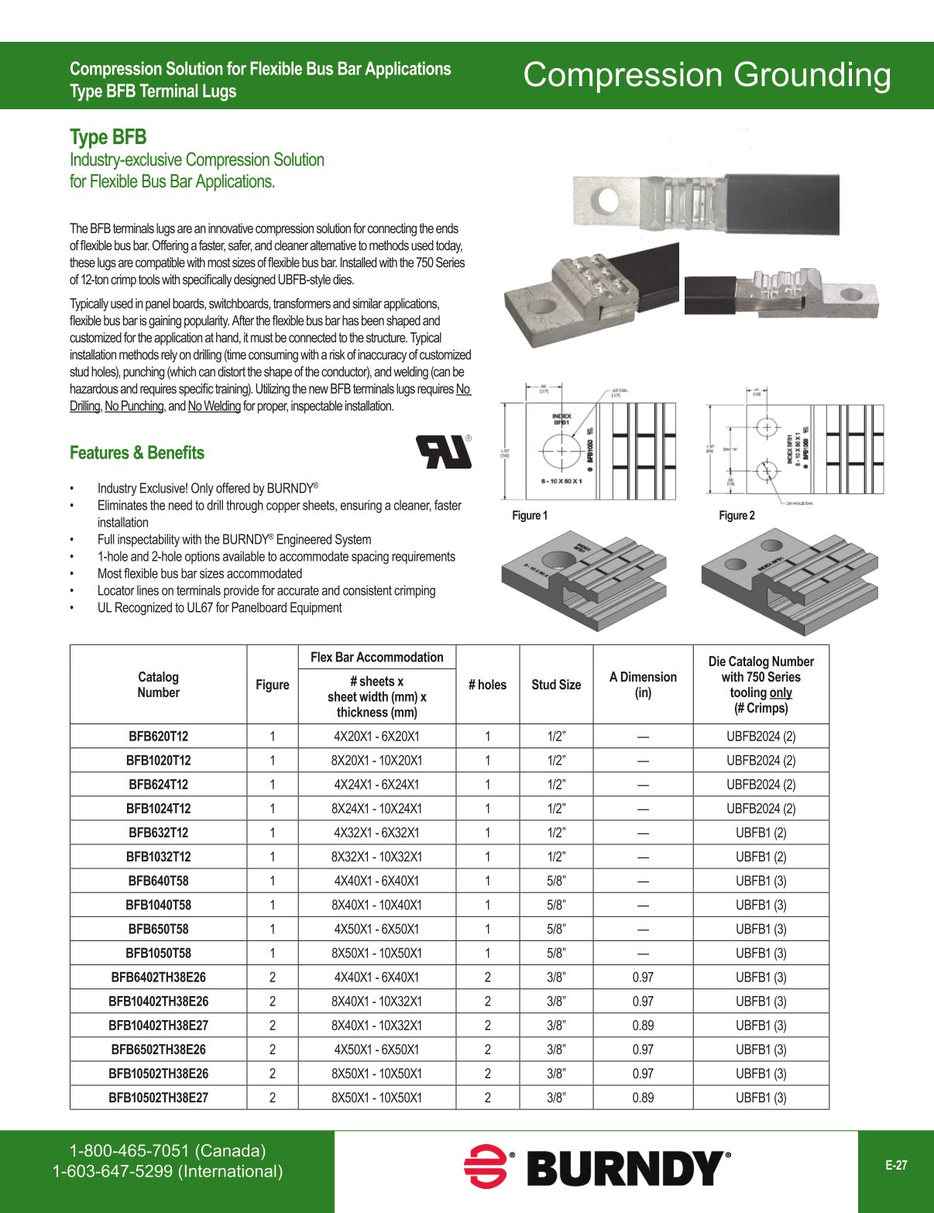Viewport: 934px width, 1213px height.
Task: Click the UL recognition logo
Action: tap(444, 452)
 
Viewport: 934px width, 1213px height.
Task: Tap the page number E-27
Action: tap(896, 1165)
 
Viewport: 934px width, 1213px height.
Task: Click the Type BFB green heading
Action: tap(108, 137)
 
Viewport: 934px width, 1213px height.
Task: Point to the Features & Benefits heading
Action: tap(137, 453)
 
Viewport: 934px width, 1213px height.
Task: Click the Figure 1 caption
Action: tap(530, 516)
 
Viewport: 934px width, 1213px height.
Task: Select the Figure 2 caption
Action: tap(737, 516)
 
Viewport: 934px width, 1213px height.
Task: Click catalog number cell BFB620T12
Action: tap(158, 737)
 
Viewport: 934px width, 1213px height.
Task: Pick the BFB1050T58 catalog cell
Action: tap(158, 954)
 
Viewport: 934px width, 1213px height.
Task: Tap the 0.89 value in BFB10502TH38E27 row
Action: tap(643, 1098)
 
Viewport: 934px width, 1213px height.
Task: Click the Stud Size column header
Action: tap(556, 685)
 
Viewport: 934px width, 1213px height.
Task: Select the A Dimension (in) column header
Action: tap(643, 685)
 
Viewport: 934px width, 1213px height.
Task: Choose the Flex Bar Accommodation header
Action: tap(376, 658)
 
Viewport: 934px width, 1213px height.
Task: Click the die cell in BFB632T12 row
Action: tap(761, 833)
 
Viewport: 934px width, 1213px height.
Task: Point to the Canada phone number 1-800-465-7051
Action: tap(167, 1151)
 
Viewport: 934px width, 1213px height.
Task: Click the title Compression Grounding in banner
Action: tap(706, 75)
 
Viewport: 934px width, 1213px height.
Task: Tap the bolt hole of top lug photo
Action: tap(608, 201)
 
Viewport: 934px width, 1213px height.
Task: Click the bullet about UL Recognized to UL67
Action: tap(219, 608)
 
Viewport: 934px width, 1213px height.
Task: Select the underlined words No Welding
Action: tap(215, 407)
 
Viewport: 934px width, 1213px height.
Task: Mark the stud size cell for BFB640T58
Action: tap(556, 881)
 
